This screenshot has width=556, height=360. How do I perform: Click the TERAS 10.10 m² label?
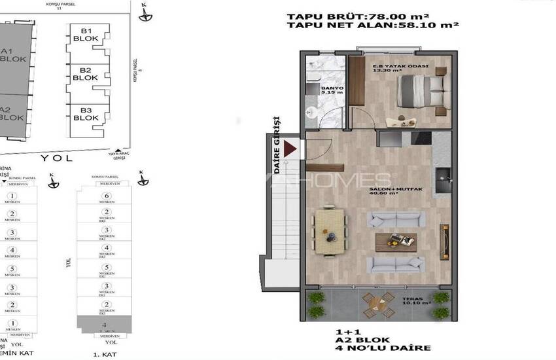tap(415, 302)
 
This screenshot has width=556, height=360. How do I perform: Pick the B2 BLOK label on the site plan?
tap(85, 74)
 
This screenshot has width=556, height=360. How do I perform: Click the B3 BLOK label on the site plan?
tap(85, 114)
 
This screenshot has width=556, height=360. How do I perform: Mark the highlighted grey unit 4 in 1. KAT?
tap(105, 323)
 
